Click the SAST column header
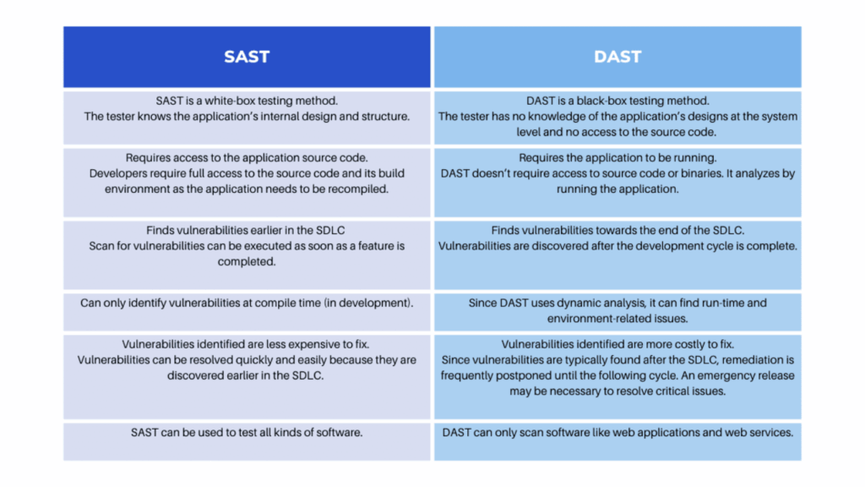(x=247, y=57)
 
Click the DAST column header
(x=617, y=57)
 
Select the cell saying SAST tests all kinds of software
(x=247, y=441)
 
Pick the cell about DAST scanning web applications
(x=617, y=441)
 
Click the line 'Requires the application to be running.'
(x=617, y=158)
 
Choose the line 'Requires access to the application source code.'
(x=247, y=158)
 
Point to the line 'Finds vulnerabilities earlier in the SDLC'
(x=246, y=230)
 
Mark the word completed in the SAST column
(x=247, y=262)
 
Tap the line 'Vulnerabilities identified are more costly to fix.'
(x=617, y=345)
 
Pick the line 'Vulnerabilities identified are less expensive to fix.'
(x=246, y=345)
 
